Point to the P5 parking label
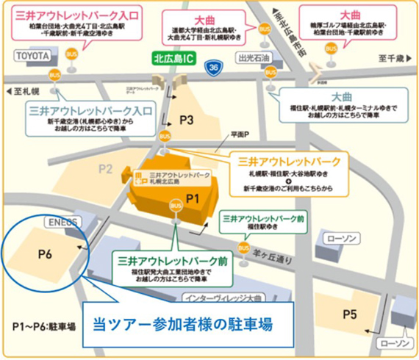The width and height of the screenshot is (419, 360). (x=349, y=315)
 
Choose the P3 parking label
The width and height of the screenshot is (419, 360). (x=186, y=119)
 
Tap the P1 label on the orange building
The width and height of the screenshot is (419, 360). (x=193, y=198)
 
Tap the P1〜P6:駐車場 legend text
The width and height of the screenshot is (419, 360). (x=40, y=325)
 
